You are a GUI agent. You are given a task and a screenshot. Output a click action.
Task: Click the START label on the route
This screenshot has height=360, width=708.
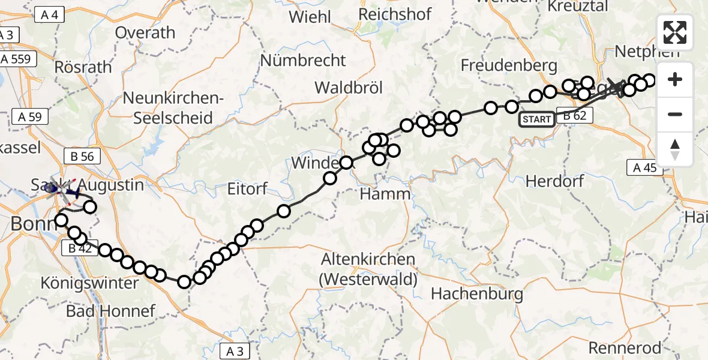tap(537, 119)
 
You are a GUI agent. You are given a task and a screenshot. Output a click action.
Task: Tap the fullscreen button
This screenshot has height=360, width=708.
tap(675, 32)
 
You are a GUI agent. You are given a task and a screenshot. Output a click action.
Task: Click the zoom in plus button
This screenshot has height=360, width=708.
tap(675, 79)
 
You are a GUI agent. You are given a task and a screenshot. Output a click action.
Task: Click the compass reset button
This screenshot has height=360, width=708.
tap(675, 149)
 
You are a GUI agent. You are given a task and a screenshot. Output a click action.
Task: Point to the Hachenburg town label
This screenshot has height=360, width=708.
tap(477, 293)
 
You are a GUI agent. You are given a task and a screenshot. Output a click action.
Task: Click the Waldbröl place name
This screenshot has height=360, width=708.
tap(349, 87)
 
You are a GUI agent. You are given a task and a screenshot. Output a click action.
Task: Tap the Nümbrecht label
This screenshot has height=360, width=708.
tap(303, 61)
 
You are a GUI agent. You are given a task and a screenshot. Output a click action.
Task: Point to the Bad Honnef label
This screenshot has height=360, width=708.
tap(110, 311)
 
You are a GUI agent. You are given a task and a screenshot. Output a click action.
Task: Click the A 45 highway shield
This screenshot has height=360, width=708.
tap(645, 167)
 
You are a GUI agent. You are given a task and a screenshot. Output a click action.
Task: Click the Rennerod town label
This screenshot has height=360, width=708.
tap(625, 347)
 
